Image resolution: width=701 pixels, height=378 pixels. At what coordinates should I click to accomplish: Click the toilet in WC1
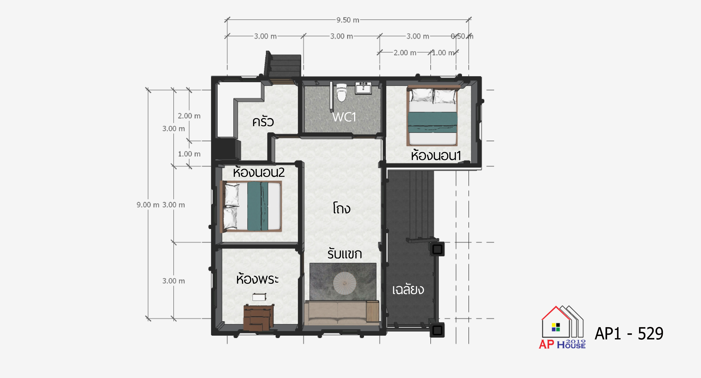pos(342,92)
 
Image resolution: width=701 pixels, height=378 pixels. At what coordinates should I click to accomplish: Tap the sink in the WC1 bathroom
pos(363,88)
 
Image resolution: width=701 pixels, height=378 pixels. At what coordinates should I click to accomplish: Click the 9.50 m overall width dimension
pos(347,20)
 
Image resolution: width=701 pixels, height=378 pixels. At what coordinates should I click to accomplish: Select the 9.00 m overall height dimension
pos(148,205)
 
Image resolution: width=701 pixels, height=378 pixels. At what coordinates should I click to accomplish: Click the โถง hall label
pos(342,208)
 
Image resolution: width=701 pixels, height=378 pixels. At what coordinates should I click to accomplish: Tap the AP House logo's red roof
pos(556,313)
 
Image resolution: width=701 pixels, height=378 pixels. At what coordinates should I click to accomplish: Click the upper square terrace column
pos(437,249)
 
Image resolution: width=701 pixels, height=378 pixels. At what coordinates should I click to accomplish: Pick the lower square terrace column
pos(437,330)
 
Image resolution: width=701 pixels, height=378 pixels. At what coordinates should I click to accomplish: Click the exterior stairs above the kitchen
pos(283,65)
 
